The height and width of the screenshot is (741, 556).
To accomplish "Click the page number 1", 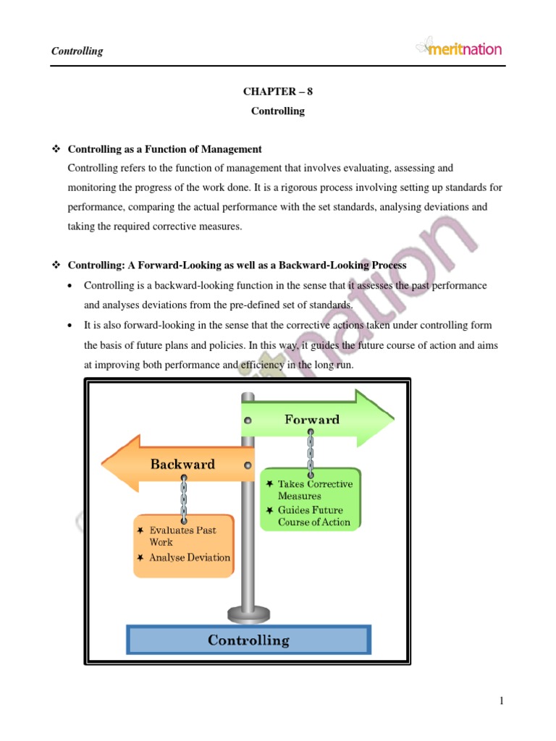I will [x=500, y=700].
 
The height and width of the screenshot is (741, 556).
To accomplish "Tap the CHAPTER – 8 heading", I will [x=278, y=92].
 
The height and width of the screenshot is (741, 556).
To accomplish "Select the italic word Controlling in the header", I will [x=77, y=51].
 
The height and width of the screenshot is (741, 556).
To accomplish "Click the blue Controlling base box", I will [x=248, y=640].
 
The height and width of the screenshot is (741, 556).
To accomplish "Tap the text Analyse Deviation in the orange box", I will [x=190, y=558].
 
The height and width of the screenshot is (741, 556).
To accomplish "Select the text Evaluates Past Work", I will [x=181, y=535].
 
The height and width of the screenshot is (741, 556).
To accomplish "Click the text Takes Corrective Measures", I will [x=314, y=490].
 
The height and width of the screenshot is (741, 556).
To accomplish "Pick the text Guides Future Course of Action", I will [x=313, y=516].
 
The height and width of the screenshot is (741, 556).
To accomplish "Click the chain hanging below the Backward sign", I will [x=185, y=499].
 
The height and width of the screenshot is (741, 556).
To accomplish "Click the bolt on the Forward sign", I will [x=248, y=420].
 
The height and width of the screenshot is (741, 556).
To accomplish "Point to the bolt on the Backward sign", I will [x=248, y=465].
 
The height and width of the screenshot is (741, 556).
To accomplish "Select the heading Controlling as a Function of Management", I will [x=164, y=149].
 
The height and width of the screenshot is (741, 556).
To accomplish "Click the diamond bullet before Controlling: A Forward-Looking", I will [x=56, y=266].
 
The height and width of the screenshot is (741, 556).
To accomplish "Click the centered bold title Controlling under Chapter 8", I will [x=278, y=111].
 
